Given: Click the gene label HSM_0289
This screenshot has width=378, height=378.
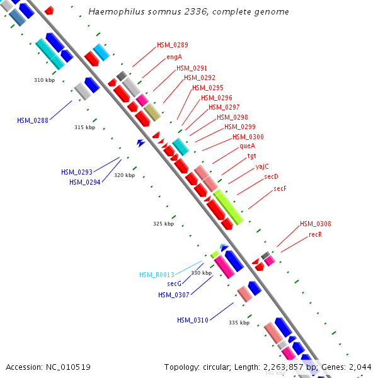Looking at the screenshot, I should click(x=172, y=45).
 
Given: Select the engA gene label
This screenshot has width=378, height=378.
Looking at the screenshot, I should click(x=175, y=57).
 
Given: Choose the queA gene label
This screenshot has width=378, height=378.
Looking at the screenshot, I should click(x=247, y=146).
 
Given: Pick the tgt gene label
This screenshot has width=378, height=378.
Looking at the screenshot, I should click(x=251, y=156).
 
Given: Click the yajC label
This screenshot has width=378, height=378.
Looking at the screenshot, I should click(x=262, y=166).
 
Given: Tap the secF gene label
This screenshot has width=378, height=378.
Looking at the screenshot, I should click(x=280, y=188).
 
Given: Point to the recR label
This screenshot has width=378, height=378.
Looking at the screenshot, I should click(x=316, y=234).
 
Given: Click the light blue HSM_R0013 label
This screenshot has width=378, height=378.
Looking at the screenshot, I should click(x=156, y=275).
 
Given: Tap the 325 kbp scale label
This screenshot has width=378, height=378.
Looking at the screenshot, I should click(x=163, y=224).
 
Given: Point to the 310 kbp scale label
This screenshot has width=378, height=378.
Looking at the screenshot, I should click(x=44, y=80).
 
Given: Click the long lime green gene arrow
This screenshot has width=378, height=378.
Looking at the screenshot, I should click(x=228, y=207).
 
